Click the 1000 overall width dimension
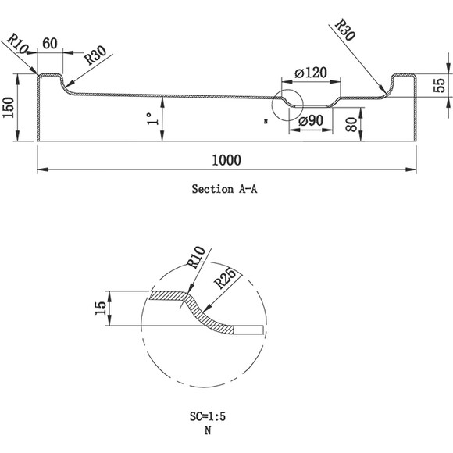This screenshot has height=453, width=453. pos(226,160)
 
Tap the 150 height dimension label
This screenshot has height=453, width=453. pos(8,108)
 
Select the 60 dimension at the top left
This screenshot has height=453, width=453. pos(50,43)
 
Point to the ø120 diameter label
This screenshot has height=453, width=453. pos(311,73)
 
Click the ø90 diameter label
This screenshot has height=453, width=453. pos(311,121)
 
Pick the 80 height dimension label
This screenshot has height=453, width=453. pos(351,124)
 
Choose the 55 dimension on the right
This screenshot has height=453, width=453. pos(440,85)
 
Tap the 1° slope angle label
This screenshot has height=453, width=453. pos(152,119)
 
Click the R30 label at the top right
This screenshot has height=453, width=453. pos(344,30)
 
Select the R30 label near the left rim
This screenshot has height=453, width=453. pos(95,55)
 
